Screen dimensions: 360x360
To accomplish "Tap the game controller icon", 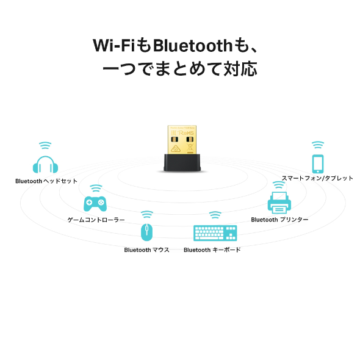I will tap(95, 203).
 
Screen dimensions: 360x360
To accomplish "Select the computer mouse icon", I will tap(146, 232).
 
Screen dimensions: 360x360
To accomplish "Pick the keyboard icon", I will tap(215, 233).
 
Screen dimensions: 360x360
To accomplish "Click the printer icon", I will tap(279, 201).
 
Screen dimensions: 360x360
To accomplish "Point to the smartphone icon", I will tap(317, 164).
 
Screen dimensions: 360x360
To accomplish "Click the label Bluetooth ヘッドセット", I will tap(46, 181).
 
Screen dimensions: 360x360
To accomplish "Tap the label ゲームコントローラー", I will tap(96, 219).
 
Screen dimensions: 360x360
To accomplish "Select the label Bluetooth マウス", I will tap(146, 250).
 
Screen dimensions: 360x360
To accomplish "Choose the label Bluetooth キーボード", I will tap(212, 250).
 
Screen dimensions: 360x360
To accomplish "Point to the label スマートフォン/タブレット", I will tap(317, 178).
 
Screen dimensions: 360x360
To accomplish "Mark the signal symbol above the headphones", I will tap(45, 145).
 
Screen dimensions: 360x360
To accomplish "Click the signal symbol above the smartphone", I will tap(317, 145).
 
